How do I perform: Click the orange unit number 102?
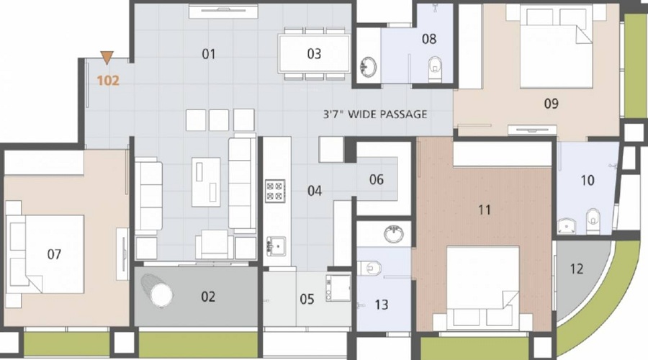108,81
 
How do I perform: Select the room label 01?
209,54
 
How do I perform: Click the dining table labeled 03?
315,53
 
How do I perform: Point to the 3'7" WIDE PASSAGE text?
374,114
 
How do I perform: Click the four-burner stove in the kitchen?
274,191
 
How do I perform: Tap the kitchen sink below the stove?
274,244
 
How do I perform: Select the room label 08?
429,39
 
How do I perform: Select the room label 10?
588,180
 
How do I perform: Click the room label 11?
485,210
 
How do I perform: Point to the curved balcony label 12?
576,269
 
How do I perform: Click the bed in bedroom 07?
43,252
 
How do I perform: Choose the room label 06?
377,180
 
